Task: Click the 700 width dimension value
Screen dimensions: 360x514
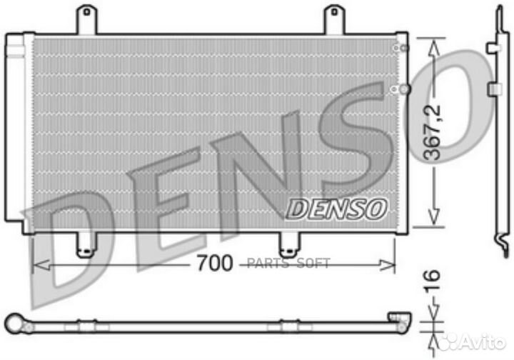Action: pos(215,264)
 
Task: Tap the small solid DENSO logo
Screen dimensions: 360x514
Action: pos(337,208)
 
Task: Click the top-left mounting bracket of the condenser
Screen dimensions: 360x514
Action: pos(86,19)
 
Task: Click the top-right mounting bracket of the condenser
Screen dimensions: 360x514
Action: pos(333,19)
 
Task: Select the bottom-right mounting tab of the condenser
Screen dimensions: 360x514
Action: pos(289,244)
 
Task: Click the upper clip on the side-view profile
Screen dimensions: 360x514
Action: pos(493,48)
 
